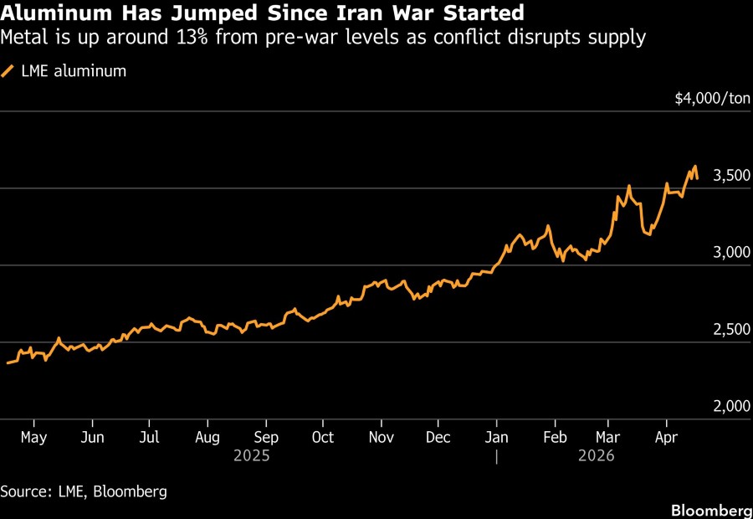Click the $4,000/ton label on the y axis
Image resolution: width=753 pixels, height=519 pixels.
pos(713,99)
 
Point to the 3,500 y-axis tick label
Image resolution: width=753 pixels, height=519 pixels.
pos(730,176)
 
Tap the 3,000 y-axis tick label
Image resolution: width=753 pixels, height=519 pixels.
pos(730,253)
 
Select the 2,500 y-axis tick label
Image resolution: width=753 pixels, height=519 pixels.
pos(730,330)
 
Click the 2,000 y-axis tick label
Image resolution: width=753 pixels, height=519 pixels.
pos(730,407)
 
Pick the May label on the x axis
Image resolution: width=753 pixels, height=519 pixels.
pos(33,437)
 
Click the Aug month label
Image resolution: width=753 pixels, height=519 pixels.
pos(207,437)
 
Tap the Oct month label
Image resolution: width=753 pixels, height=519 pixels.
pos(322,437)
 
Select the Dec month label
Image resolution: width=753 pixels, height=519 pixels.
pos(438,437)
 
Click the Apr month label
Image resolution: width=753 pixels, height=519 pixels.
pos(666,437)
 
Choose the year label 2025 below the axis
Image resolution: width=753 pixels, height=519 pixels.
pos(252,456)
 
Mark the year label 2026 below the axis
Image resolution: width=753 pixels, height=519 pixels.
pos(595,456)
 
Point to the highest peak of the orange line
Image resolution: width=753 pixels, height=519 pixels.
pos(694,166)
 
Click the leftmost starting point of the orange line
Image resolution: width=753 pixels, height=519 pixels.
pos(7,363)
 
